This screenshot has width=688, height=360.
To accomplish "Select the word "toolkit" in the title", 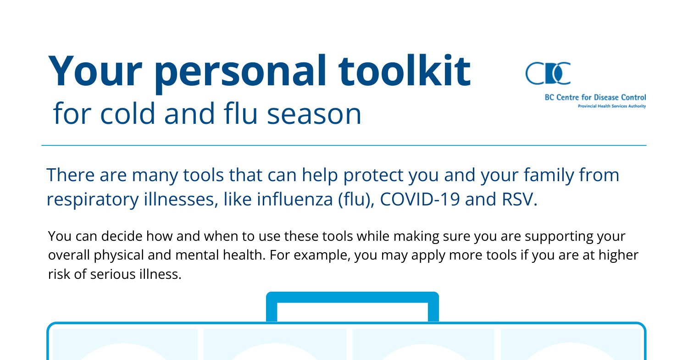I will coord(405,71).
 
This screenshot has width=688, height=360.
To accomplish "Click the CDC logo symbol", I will coord(548,73).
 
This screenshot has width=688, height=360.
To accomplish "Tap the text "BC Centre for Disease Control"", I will coord(595,97).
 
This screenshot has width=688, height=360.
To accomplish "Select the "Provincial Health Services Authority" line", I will coord(611,106).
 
